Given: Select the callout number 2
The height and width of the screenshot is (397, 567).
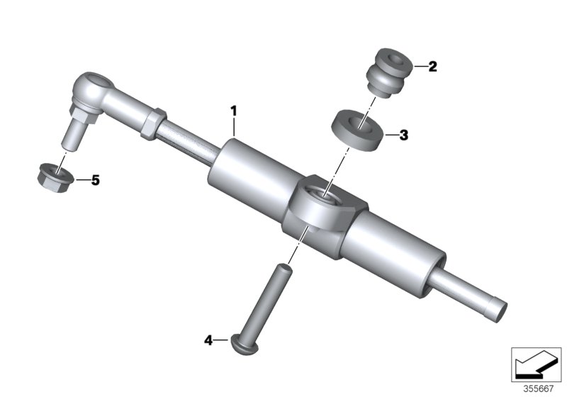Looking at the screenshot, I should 432,67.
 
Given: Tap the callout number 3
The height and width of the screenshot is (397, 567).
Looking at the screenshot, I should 403,134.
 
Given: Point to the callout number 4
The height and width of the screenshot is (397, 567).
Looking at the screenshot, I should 208,340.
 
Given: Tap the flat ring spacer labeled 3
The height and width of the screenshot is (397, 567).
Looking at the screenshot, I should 358,129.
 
